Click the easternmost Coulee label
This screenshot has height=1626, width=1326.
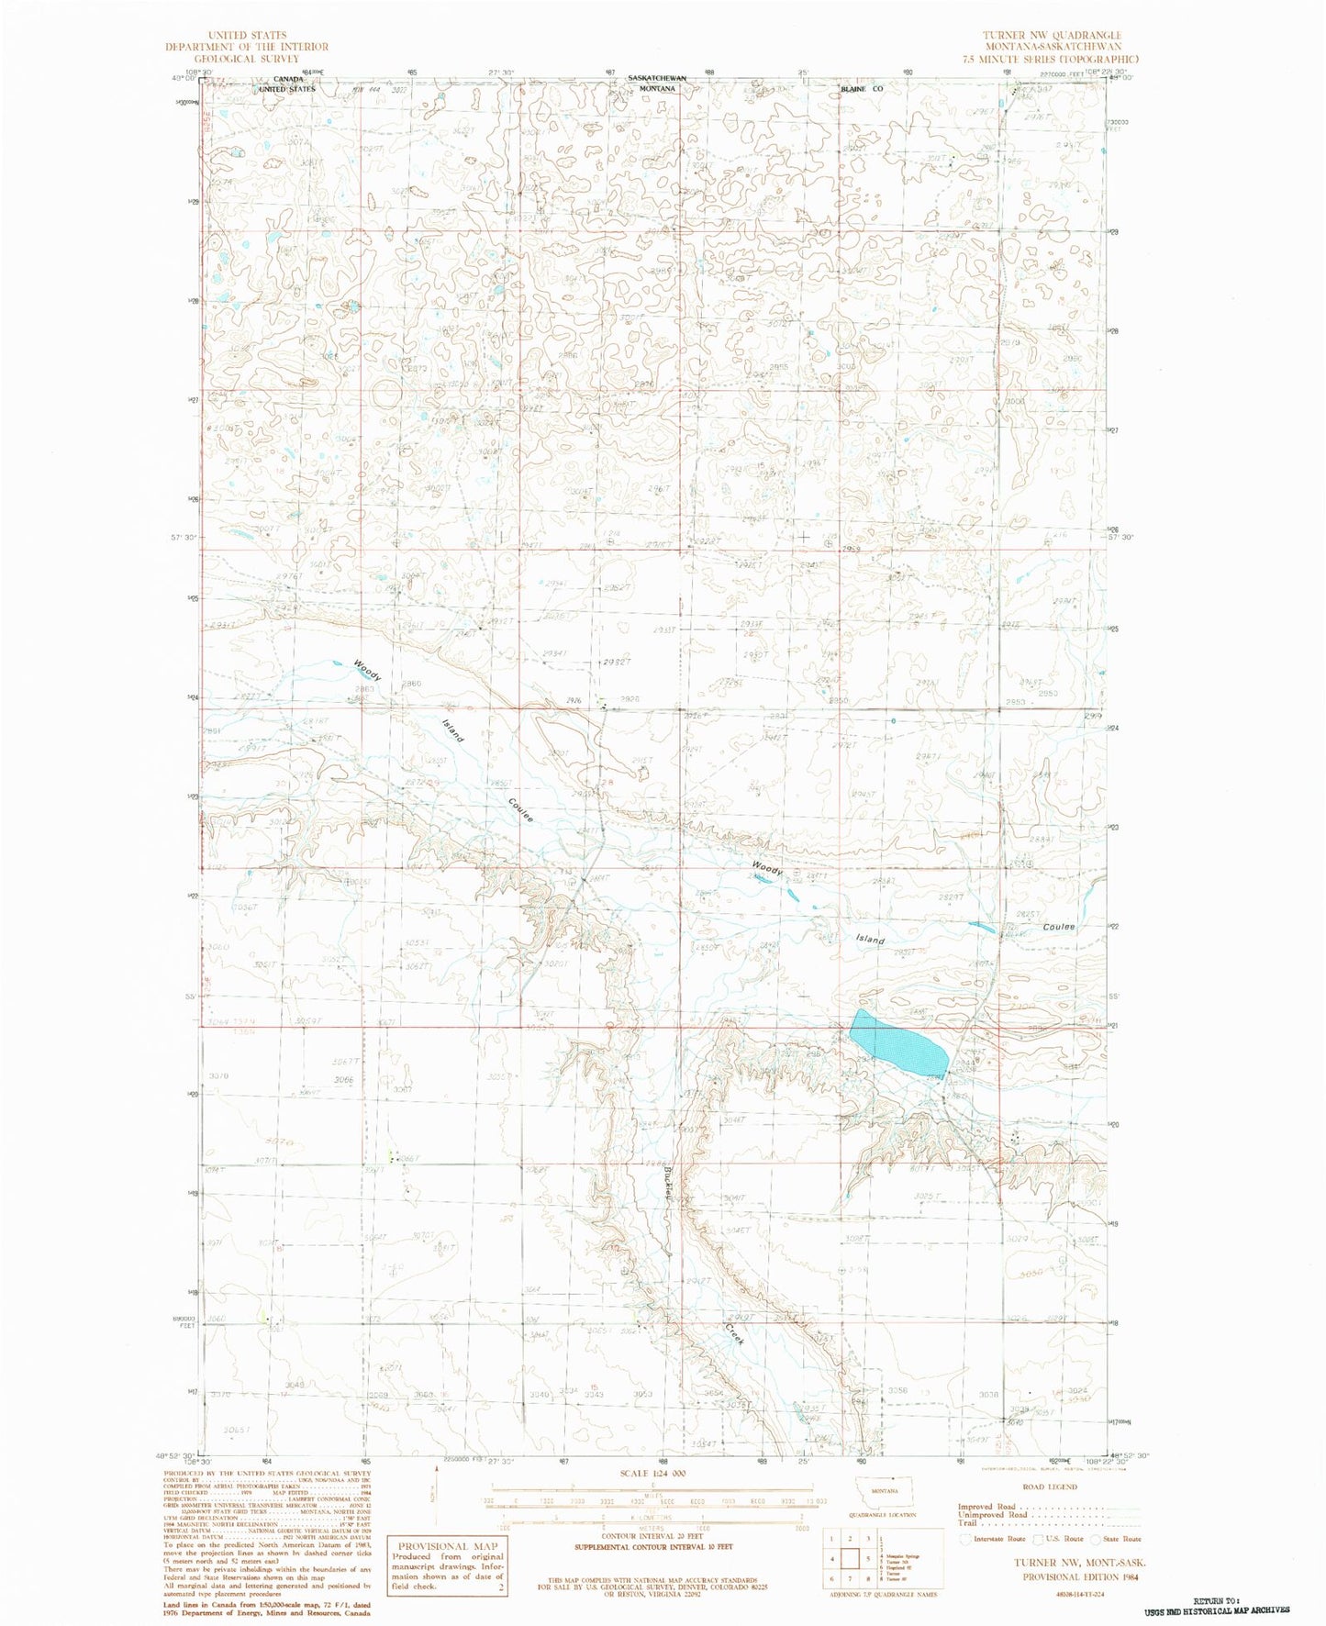(x=1058, y=927)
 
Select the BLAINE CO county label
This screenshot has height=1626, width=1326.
(x=861, y=90)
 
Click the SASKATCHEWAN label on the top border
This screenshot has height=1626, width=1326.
(x=657, y=79)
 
